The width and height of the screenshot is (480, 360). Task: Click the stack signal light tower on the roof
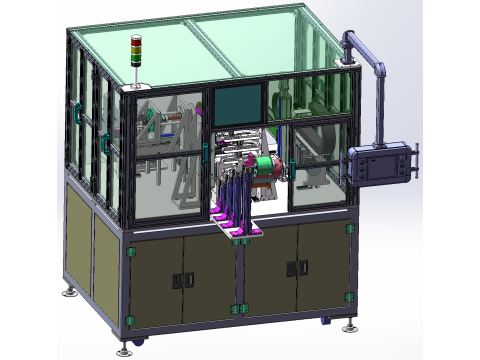coord(136,54)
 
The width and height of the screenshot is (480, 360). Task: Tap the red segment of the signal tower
coord(136,41)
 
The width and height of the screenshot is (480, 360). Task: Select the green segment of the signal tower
coord(136,52)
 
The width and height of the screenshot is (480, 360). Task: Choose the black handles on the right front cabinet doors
coord(293,267)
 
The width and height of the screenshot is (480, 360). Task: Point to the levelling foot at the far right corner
coord(349,325)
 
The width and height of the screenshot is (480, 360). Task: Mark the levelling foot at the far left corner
coord(69,292)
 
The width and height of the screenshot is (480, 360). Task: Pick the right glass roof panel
coord(270,40)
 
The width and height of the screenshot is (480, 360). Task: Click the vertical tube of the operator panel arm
coord(381,100)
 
